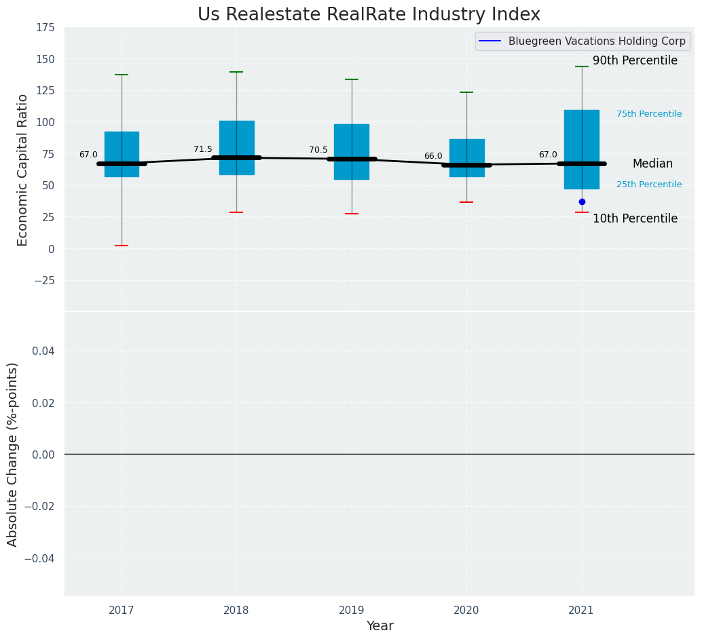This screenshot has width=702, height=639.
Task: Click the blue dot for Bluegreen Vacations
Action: (582, 201)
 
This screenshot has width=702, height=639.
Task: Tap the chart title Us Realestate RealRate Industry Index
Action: (369, 15)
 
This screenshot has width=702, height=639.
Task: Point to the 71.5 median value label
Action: (203, 149)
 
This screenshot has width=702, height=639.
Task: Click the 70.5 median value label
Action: (318, 150)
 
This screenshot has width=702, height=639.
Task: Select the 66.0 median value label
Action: (433, 156)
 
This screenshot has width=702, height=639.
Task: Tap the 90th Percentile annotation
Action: (635, 61)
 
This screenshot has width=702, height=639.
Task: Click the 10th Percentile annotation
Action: (635, 218)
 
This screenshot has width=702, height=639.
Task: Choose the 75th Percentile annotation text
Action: (649, 114)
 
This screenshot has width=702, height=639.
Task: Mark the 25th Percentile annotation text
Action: (649, 185)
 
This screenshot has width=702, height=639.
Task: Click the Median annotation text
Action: (652, 163)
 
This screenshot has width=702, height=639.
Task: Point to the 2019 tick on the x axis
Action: (352, 611)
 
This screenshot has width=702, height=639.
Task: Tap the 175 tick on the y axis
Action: (45, 28)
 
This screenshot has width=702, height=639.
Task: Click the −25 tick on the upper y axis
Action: (43, 280)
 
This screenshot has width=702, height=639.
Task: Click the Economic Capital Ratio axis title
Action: (23, 170)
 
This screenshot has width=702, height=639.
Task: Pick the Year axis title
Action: (380, 626)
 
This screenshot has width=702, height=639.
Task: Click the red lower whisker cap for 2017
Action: (122, 246)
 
